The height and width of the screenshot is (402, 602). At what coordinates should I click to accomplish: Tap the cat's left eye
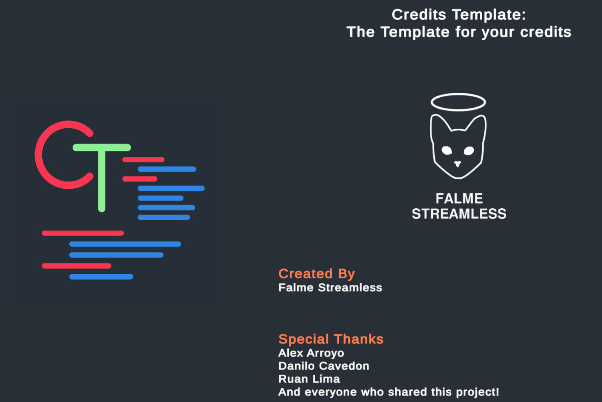pyautogui.click(x=446, y=151)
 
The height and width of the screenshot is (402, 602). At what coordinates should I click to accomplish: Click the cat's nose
pyautogui.click(x=458, y=163)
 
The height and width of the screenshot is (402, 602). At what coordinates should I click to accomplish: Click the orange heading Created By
pyautogui.click(x=316, y=274)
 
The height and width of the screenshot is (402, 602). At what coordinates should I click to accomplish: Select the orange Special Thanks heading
pyautogui.click(x=331, y=339)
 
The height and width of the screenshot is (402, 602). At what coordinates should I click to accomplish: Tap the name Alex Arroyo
pyautogui.click(x=311, y=353)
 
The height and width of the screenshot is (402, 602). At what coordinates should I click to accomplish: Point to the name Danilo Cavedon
pyautogui.click(x=324, y=366)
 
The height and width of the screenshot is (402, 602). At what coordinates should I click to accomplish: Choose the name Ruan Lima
pyautogui.click(x=309, y=379)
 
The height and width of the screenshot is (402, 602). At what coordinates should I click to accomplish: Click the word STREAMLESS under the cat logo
pyautogui.click(x=459, y=214)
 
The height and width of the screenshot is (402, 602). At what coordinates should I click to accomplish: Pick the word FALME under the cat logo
pyautogui.click(x=459, y=199)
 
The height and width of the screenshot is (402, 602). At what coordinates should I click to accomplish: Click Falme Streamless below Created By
pyautogui.click(x=330, y=288)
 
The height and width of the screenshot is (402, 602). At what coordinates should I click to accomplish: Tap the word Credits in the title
pyautogui.click(x=419, y=15)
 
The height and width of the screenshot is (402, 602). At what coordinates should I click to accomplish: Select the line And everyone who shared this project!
pyautogui.click(x=388, y=392)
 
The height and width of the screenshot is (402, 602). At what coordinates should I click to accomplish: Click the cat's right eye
pyautogui.click(x=469, y=151)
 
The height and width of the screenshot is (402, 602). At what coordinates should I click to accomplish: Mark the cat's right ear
pyautogui.click(x=477, y=124)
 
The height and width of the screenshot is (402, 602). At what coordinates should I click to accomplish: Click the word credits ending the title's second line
pyautogui.click(x=546, y=32)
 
